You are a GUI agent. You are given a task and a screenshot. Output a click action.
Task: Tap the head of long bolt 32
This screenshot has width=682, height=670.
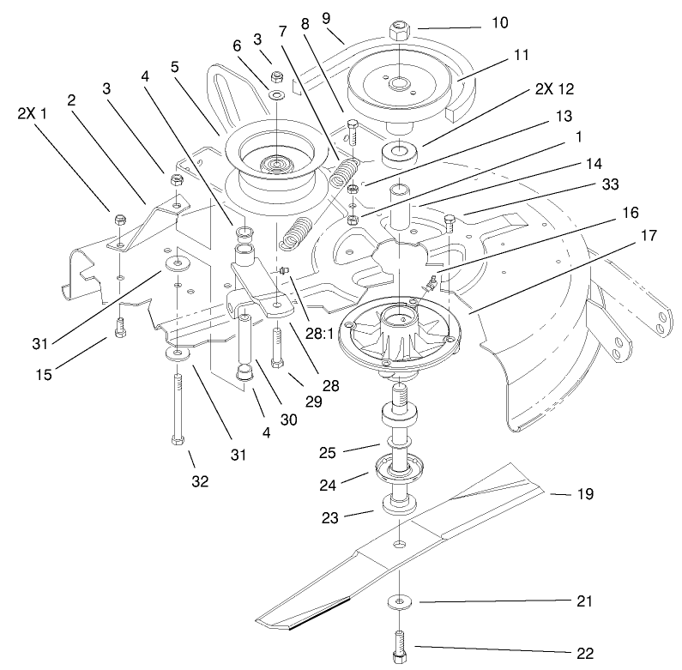pos(177,439)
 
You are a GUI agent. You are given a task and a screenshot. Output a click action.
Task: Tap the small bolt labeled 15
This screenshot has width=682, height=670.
pos(120,327)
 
